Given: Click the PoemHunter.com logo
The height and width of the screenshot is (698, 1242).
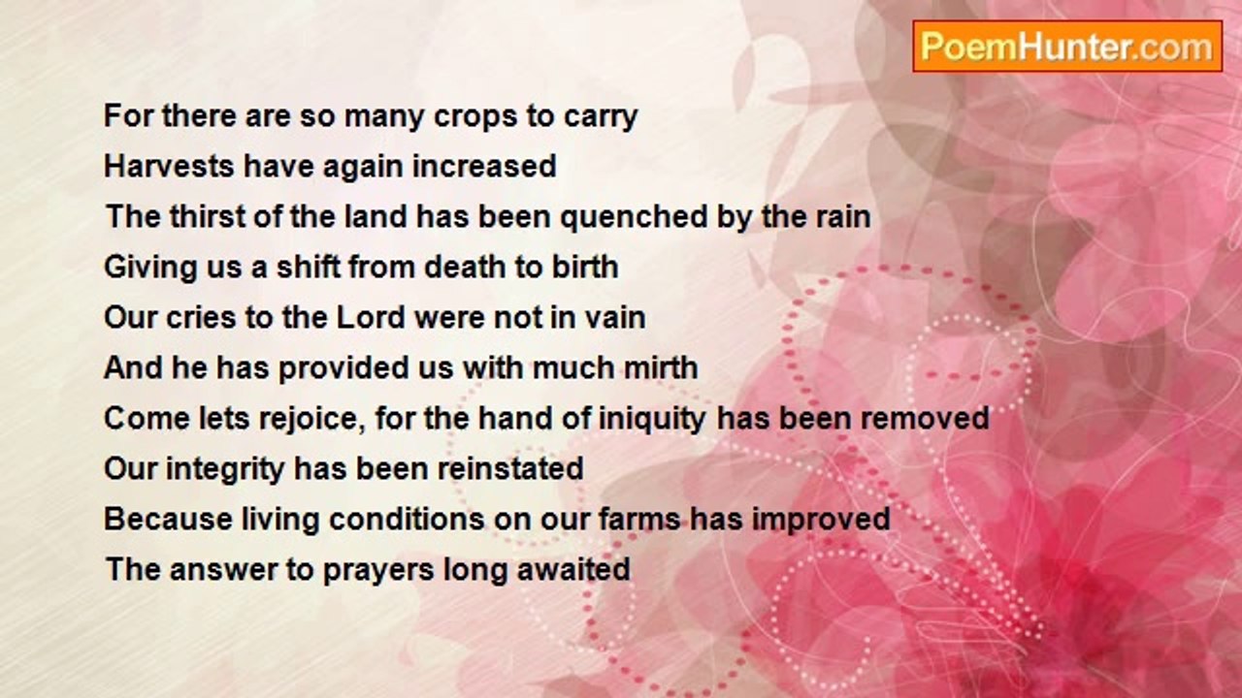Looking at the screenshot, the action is [1067, 47].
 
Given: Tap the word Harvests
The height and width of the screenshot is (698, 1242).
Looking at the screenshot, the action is [169, 166].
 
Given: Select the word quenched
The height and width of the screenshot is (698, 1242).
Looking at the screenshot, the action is [634, 218].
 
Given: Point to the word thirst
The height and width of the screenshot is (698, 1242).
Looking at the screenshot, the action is [208, 216].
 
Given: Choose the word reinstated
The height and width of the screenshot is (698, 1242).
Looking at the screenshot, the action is [510, 468].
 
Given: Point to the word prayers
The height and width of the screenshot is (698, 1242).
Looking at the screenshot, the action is [378, 571].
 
